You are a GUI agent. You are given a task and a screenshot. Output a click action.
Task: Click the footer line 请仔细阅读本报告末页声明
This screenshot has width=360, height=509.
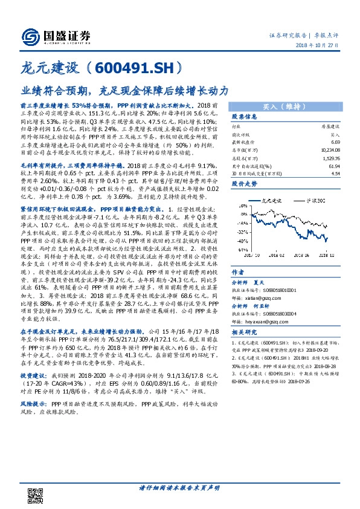pyautogui.click(x=179, y=488)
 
